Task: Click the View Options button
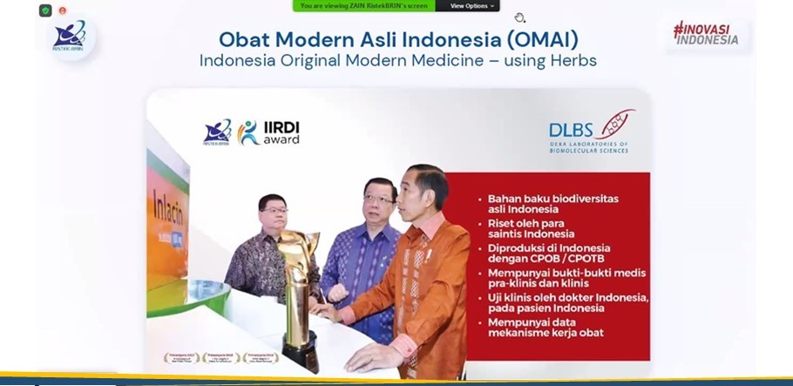pos(471,6)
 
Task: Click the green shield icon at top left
pos(45,10)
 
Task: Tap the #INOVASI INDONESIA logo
pos(705,33)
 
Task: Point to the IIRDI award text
pos(281,132)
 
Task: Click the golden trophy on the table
pos(298,288)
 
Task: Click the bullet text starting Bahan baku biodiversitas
pos(552,204)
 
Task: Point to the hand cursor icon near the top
pos(519,17)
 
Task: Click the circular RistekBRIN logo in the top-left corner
pos(70,37)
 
